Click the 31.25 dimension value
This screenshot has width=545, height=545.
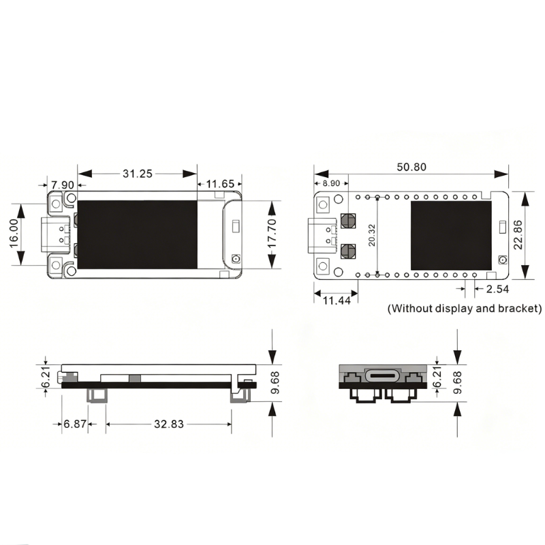[x=138, y=174]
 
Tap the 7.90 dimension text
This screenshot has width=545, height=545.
[x=63, y=185]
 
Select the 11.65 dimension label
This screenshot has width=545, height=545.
[x=220, y=184]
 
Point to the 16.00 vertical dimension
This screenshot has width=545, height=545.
[x=14, y=233]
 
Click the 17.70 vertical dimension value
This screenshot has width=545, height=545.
[x=271, y=233]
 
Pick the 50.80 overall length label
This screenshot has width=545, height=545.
[x=411, y=167]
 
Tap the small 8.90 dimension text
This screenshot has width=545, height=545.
[x=331, y=183]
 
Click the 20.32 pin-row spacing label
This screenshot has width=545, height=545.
[x=372, y=235]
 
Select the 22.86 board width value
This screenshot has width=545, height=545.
[x=518, y=234]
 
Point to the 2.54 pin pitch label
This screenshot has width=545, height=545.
[x=497, y=289]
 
